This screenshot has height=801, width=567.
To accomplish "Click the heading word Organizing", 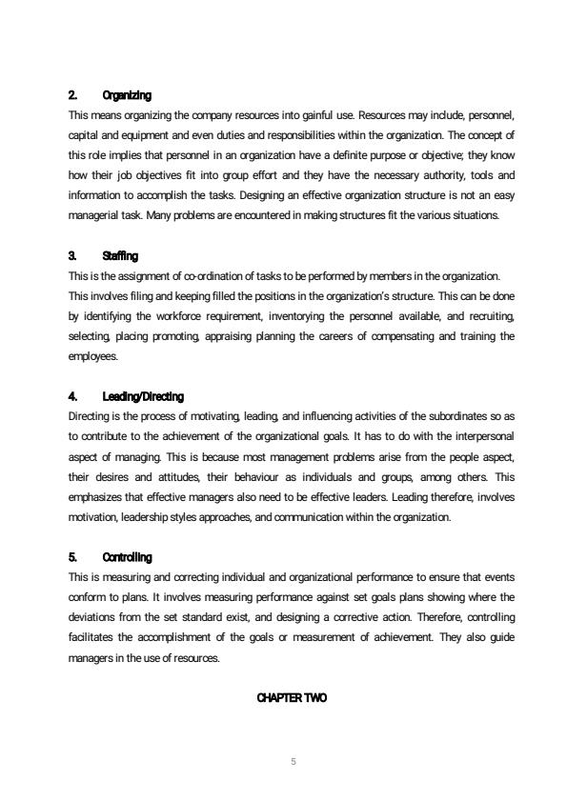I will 127,96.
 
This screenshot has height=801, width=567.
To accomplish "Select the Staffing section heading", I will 120,257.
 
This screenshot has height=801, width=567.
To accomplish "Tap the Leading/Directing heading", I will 143,396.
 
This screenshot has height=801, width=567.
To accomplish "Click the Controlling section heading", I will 127,557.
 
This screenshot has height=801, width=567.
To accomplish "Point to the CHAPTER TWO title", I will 292,698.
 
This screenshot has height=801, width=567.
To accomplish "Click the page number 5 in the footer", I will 292,761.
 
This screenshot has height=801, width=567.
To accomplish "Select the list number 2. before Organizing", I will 73,96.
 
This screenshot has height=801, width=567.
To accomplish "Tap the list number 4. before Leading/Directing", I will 73,396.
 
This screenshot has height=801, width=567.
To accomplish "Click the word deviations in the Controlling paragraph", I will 93,616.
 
